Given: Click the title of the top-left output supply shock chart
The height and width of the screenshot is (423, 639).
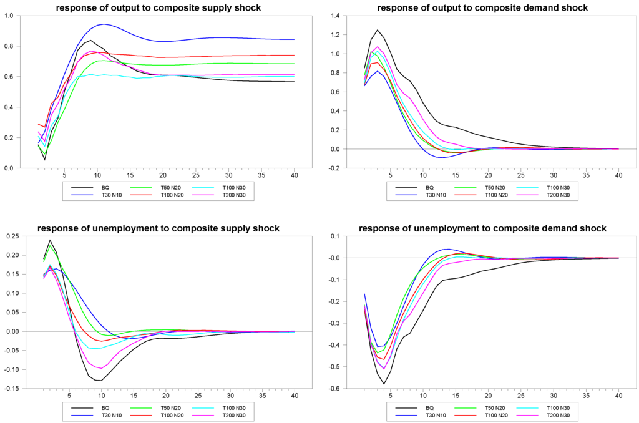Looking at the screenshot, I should pos(158,8).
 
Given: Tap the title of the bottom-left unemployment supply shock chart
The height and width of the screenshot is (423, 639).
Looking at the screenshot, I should pos(158,229).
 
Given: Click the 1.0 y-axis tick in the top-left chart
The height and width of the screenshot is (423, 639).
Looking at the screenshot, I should pos(9,16).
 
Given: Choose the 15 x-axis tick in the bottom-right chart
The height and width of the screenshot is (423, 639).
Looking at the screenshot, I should pos(455,396).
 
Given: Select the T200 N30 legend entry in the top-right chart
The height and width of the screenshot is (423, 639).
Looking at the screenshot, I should pos(554,195).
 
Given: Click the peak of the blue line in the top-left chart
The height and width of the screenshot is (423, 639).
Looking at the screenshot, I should pos(103,24).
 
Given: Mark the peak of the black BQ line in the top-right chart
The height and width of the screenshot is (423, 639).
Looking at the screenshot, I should pos(377,29).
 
